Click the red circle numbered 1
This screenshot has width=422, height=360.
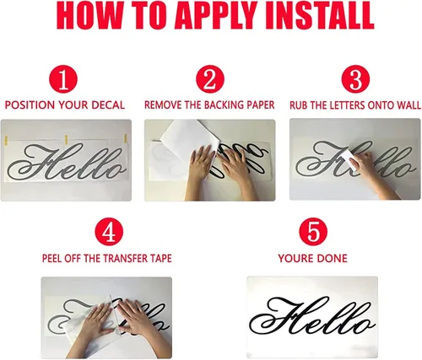[x=63, y=79]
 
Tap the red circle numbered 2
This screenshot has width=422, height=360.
[x=210, y=79]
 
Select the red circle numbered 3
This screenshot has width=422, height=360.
[x=355, y=79]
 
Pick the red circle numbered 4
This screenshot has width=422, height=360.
[x=109, y=232]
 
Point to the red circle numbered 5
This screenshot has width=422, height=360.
[x=313, y=232]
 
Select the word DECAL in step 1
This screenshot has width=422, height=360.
[x=109, y=105]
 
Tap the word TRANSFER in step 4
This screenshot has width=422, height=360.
[x=124, y=258]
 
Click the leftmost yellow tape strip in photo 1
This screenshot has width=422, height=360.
[x=6, y=140]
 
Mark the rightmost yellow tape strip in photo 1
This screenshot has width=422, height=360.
[x=126, y=138]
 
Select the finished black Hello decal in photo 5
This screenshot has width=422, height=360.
[x=313, y=316]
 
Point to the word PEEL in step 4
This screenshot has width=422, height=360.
[x=52, y=258]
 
